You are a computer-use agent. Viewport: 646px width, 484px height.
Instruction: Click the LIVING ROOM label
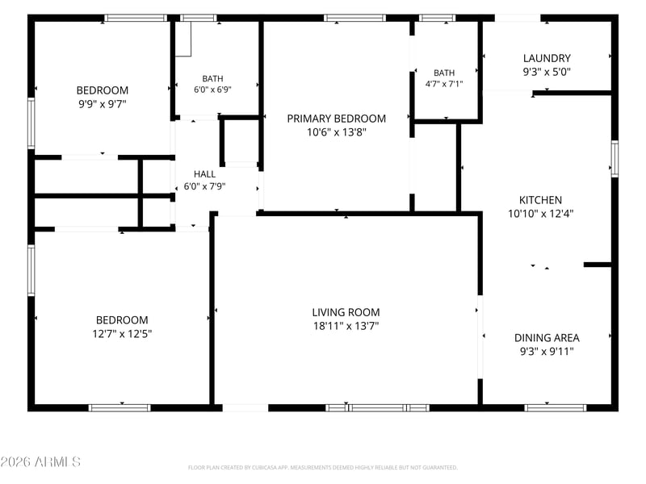(346, 312)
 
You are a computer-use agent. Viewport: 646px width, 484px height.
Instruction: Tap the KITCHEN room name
(540, 200)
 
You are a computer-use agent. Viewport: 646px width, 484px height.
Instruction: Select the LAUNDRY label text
(547, 58)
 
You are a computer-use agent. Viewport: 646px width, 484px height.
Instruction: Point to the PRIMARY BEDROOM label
(336, 119)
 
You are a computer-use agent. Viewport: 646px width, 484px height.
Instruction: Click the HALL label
(204, 174)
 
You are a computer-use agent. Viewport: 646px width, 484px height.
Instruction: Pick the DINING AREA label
(547, 338)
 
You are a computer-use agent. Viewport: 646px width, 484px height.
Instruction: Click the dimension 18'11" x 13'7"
(346, 326)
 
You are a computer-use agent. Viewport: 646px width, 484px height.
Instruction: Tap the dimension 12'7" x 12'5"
(122, 333)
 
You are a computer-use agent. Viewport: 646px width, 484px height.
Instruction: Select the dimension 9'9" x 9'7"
(103, 104)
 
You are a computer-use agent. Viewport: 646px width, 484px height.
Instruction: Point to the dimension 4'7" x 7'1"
(444, 84)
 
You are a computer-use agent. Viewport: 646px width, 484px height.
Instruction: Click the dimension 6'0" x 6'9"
(212, 90)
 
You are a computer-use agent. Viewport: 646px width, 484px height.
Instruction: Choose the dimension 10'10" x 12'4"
(540, 214)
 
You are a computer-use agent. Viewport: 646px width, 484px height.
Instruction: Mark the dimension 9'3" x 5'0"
(547, 72)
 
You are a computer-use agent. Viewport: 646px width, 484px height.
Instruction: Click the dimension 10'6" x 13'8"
(336, 132)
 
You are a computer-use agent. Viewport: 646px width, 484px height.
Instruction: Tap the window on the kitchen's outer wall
(615, 159)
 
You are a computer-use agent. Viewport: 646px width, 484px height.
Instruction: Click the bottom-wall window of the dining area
(556, 408)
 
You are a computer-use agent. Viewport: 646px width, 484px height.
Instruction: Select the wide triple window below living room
(377, 408)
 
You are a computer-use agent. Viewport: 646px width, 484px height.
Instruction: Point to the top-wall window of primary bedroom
(354, 18)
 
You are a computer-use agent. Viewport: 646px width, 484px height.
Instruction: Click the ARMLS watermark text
(40, 461)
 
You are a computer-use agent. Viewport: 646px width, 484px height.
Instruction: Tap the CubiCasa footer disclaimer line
(322, 468)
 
